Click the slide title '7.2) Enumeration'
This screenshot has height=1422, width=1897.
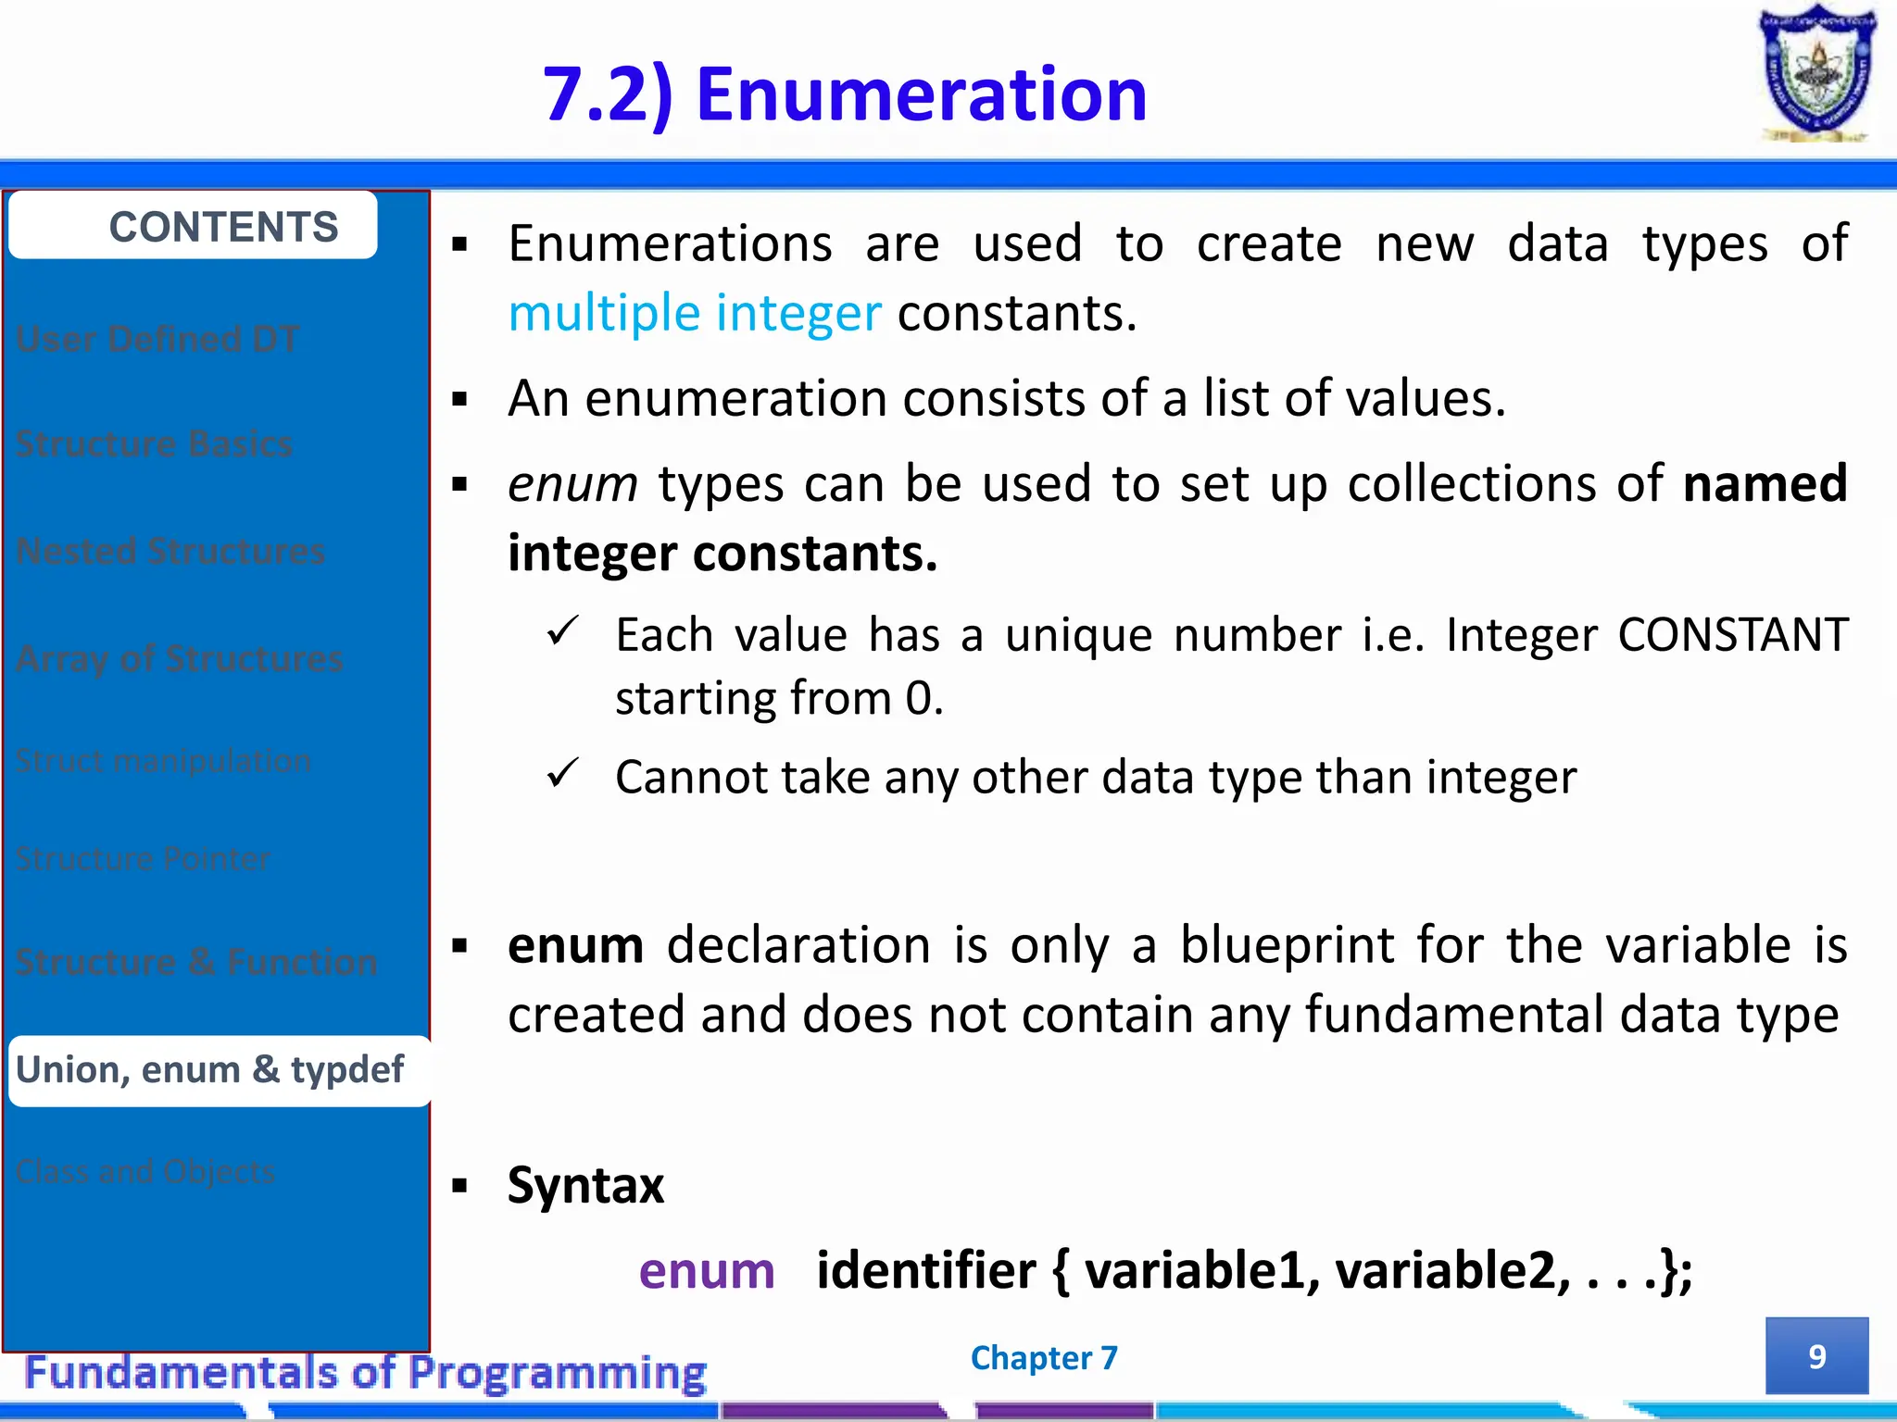click(844, 94)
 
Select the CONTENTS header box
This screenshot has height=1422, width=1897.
click(193, 226)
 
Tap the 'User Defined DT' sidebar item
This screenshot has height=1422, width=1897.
click(157, 339)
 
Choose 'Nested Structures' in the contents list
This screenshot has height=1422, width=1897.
click(170, 551)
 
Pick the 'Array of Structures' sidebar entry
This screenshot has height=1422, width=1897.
click(180, 658)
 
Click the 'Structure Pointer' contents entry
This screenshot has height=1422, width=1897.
click(144, 858)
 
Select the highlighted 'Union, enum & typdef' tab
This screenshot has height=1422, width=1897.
click(210, 1070)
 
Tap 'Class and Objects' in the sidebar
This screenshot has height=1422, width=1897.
click(145, 1171)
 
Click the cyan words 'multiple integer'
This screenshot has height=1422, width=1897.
click(694, 313)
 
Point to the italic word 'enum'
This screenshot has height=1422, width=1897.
click(572, 483)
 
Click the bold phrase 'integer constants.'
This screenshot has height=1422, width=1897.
click(722, 554)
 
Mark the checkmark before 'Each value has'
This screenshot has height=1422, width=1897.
click(562, 632)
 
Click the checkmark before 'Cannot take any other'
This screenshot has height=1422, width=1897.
click(562, 773)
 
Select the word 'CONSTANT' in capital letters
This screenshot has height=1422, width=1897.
click(1732, 635)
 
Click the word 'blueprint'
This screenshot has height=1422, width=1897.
click(1287, 945)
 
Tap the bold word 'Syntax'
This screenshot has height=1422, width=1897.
click(585, 1185)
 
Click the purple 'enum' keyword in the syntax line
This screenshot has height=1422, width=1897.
click(706, 1270)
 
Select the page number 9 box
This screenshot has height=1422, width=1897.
click(1815, 1355)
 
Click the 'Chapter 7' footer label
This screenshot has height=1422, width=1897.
click(1044, 1357)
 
